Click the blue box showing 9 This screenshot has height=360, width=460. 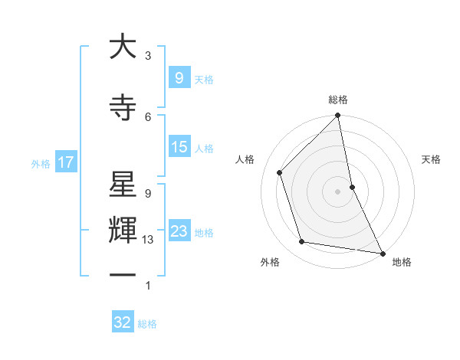pos(179,77)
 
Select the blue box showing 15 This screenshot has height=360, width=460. pos(179,147)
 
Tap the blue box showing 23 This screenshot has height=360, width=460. pos(179,231)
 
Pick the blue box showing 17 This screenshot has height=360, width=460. pos(65,162)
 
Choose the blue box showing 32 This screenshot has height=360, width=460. pos(123,322)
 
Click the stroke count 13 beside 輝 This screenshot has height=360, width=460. pos(148,240)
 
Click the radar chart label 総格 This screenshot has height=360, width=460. pos(338,100)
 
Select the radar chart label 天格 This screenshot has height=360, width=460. pos(431,159)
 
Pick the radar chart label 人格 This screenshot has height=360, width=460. pos(245,159)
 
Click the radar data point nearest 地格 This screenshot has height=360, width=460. pos(382,253)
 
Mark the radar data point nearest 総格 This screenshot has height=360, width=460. pos(337,116)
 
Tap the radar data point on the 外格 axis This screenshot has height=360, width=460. pos(302,242)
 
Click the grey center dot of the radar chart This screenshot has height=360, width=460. pos(337,191)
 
